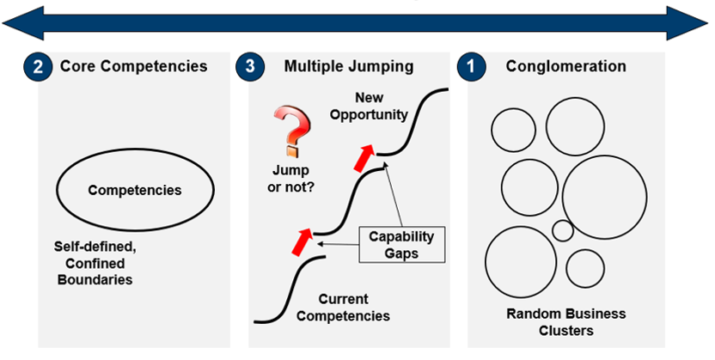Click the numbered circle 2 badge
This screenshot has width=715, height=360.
pos(38,67)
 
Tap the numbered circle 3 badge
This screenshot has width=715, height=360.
pos(250,66)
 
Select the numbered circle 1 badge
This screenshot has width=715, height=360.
pos(471,66)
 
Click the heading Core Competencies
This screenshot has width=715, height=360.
pos(133,66)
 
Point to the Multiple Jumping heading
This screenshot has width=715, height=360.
pos(349,66)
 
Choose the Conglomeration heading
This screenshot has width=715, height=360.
pos(565,66)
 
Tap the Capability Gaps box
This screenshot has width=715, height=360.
pos(401,245)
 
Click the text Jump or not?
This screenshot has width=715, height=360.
pos(290,178)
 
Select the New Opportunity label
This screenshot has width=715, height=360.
pos(369,107)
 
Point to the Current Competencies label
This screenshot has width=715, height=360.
pos(343,308)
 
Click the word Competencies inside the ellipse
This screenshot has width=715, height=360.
pos(135,190)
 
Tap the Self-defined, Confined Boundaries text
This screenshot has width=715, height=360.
pos(95,264)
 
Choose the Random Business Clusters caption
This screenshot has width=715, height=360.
pos(565,321)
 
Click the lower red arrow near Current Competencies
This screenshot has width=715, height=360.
pos(302,241)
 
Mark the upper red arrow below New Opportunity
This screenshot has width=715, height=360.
pos(364,158)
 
